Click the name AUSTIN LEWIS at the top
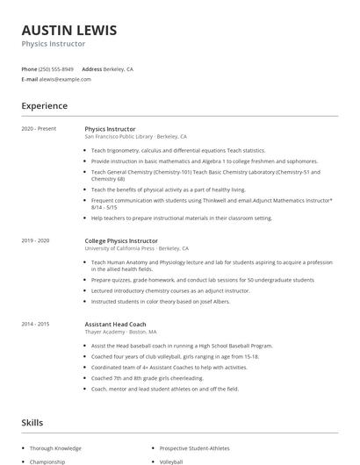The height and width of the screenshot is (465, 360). point(69,30)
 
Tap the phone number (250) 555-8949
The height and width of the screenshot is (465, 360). point(57,68)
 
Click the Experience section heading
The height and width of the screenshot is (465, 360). point(45,106)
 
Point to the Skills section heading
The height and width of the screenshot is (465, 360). point(32,422)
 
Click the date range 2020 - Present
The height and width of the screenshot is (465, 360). point(39,129)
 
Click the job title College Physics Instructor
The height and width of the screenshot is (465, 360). point(121,240)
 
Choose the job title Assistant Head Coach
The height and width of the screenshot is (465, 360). point(116,324)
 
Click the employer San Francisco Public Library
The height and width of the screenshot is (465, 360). point(119,137)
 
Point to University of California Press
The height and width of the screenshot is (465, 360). point(119,248)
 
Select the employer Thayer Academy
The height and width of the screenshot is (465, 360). point(103,332)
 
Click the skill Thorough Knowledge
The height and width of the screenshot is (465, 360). point(56,447)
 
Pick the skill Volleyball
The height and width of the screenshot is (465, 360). point(172,461)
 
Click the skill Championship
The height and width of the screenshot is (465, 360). point(47,461)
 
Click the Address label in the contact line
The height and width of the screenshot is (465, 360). point(91,68)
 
